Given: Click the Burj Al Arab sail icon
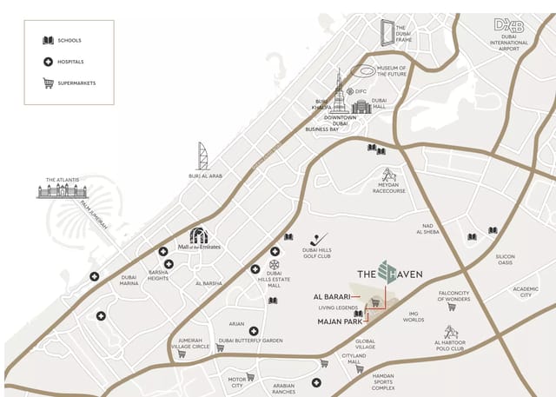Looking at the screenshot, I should pos(203,156).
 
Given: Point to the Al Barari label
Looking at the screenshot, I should pos(332,296).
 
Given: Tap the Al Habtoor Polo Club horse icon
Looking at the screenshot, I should pos(451,332).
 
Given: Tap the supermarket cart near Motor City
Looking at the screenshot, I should pos(250,377).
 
